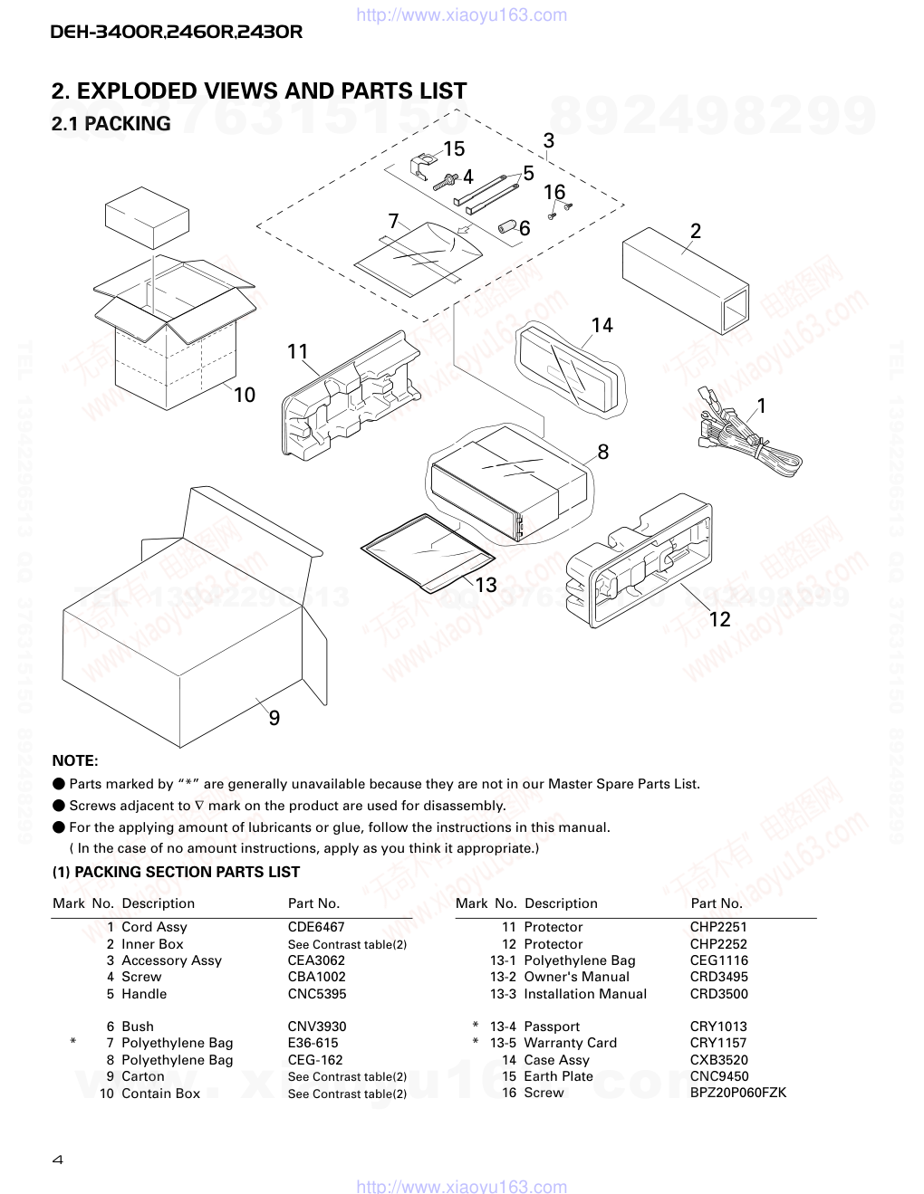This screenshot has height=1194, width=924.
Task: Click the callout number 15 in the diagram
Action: click(x=453, y=149)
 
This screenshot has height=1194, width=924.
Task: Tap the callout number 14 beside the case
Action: click(x=602, y=326)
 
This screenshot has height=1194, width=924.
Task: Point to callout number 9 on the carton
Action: click(x=274, y=719)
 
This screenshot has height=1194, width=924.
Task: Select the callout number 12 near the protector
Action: click(x=719, y=619)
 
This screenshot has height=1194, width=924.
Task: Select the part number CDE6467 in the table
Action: click(x=316, y=927)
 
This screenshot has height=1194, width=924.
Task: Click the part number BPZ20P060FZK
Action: click(x=737, y=1093)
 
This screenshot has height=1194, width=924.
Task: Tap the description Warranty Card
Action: click(x=570, y=1043)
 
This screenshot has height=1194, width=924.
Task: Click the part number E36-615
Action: click(x=313, y=1043)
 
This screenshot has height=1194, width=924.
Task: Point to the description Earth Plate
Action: click(x=558, y=1076)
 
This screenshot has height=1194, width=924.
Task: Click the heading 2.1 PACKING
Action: click(x=111, y=124)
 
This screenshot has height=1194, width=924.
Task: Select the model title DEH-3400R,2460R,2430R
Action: click(x=176, y=32)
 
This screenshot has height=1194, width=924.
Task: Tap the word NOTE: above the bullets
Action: click(x=74, y=761)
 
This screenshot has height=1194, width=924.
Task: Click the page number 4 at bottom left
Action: click(x=57, y=1160)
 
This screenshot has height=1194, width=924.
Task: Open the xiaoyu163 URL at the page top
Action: click(x=462, y=14)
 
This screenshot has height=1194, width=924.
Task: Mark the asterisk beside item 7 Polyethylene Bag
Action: click(x=73, y=1043)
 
